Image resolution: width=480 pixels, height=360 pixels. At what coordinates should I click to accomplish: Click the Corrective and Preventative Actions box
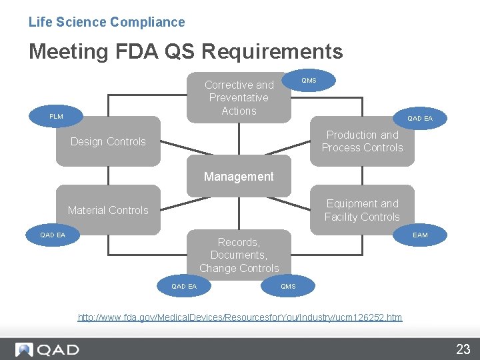(x=239, y=97)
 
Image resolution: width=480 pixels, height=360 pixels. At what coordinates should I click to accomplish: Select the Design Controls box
(x=108, y=141)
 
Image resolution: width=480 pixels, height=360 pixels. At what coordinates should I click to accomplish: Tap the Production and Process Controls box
(x=362, y=141)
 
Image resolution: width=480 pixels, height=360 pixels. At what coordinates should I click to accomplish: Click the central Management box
(x=239, y=177)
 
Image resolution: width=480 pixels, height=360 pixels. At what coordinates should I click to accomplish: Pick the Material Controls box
(x=108, y=210)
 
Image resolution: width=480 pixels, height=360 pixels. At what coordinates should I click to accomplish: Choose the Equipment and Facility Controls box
(x=362, y=210)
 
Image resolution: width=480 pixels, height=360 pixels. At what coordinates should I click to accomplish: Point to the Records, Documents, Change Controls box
(x=239, y=255)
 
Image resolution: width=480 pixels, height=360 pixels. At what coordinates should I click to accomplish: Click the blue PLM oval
(x=57, y=117)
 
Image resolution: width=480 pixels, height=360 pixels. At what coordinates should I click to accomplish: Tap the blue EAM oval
(x=420, y=235)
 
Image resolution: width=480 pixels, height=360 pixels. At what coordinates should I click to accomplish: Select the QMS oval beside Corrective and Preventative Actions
(x=309, y=81)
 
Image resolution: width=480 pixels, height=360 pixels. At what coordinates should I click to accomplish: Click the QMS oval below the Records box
(x=288, y=287)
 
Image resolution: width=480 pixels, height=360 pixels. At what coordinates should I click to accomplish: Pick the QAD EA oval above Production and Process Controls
(x=420, y=119)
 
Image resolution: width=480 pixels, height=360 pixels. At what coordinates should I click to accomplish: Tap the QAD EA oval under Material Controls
(x=53, y=235)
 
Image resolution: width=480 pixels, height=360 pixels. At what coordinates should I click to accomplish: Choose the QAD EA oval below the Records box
(x=184, y=287)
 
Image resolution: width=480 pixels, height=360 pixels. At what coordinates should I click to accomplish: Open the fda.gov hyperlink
(x=240, y=317)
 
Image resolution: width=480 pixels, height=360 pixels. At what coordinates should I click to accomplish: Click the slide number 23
(x=463, y=349)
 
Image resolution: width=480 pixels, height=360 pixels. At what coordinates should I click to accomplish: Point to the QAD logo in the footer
(x=48, y=349)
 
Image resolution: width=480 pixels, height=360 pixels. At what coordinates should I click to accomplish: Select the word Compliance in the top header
(x=147, y=22)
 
